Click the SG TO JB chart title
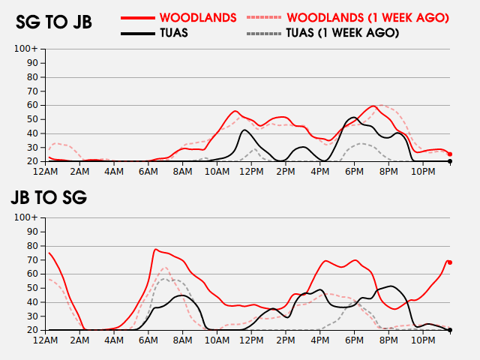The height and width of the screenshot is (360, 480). pyautogui.click(x=54, y=22)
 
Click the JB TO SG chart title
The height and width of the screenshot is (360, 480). pyautogui.click(x=49, y=198)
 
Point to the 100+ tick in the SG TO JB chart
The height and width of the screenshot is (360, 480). pyautogui.click(x=31, y=49)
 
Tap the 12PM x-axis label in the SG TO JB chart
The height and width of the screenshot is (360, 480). pyautogui.click(x=250, y=171)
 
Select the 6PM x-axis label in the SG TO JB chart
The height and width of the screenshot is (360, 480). pyautogui.click(x=353, y=171)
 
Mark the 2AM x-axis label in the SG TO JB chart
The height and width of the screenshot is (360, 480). pyautogui.click(x=79, y=171)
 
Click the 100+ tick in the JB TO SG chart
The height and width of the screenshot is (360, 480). pyautogui.click(x=31, y=218)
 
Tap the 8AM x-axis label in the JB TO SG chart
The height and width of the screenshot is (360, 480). pyautogui.click(x=182, y=340)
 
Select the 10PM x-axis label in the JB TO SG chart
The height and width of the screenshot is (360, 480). pyautogui.click(x=423, y=340)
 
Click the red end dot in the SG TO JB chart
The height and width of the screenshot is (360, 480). pyautogui.click(x=450, y=154)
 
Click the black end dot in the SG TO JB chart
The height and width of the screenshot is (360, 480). pyautogui.click(x=450, y=161)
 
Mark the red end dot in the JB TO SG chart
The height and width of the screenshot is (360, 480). pyautogui.click(x=450, y=262)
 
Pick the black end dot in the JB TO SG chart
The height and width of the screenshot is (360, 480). pyautogui.click(x=450, y=330)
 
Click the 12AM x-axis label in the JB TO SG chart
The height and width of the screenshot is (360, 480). pyautogui.click(x=46, y=340)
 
